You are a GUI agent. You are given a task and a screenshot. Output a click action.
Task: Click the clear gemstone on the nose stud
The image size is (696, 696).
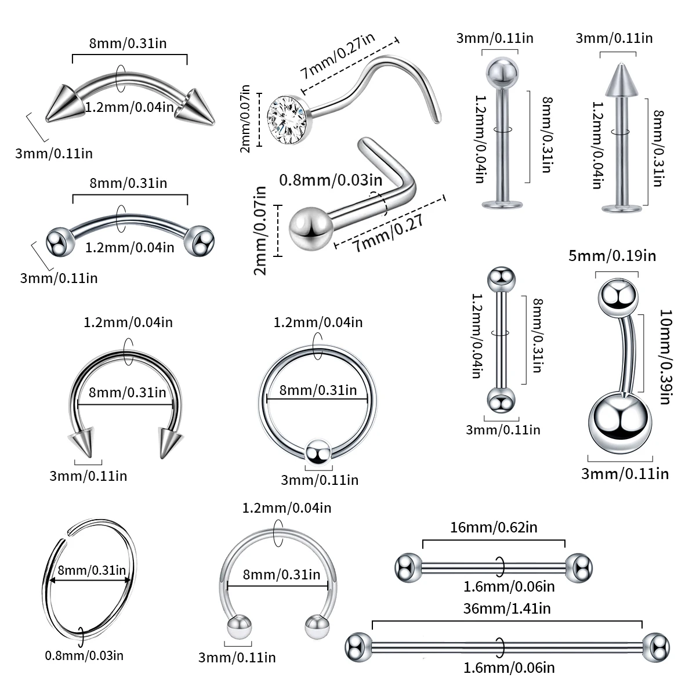pyautogui.click(x=287, y=118)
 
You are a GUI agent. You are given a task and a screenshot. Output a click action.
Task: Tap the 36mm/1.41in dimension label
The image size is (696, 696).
pyautogui.click(x=507, y=608)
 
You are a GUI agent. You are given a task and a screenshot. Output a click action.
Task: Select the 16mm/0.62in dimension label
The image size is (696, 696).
pyautogui.click(x=494, y=527)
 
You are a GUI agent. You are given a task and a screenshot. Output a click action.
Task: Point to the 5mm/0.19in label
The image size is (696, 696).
pyautogui.click(x=612, y=255)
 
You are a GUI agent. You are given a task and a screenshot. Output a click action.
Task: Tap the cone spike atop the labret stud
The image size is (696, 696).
pyautogui.click(x=617, y=80)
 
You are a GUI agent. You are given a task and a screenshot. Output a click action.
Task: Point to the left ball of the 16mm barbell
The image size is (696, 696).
pyautogui.click(x=408, y=567)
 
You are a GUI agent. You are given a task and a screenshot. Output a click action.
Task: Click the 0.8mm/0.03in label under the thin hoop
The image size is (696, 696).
pyautogui.click(x=84, y=655)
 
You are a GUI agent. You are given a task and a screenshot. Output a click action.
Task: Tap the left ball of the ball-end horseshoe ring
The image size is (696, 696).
pyautogui.click(x=238, y=629)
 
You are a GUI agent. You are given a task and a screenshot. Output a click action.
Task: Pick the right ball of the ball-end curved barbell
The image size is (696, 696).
pyautogui.click(x=200, y=240)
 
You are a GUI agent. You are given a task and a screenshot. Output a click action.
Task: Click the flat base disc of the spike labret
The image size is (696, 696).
pyautogui.click(x=617, y=208)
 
